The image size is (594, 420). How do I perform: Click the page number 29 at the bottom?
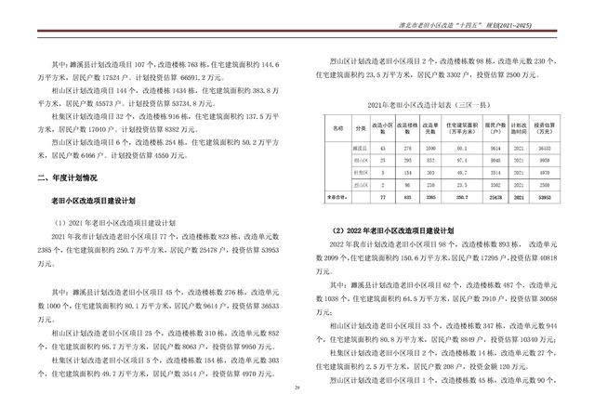click(297, 413)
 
